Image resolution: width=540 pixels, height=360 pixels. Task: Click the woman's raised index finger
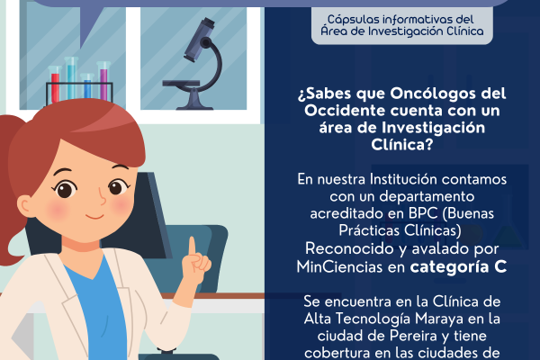192,248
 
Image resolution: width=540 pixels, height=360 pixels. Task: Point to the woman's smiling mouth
94,216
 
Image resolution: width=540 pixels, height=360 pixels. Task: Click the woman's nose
102,198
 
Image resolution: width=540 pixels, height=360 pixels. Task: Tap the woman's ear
27,207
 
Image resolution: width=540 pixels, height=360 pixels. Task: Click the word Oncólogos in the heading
430,94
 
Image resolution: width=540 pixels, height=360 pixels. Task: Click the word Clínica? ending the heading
401,145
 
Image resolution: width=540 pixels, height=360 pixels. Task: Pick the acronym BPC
423,213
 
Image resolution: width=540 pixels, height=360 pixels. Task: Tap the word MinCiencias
339,266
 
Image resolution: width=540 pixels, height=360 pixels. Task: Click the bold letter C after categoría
500,266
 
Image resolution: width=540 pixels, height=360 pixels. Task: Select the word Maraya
439,319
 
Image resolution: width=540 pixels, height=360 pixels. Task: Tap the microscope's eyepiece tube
199,39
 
